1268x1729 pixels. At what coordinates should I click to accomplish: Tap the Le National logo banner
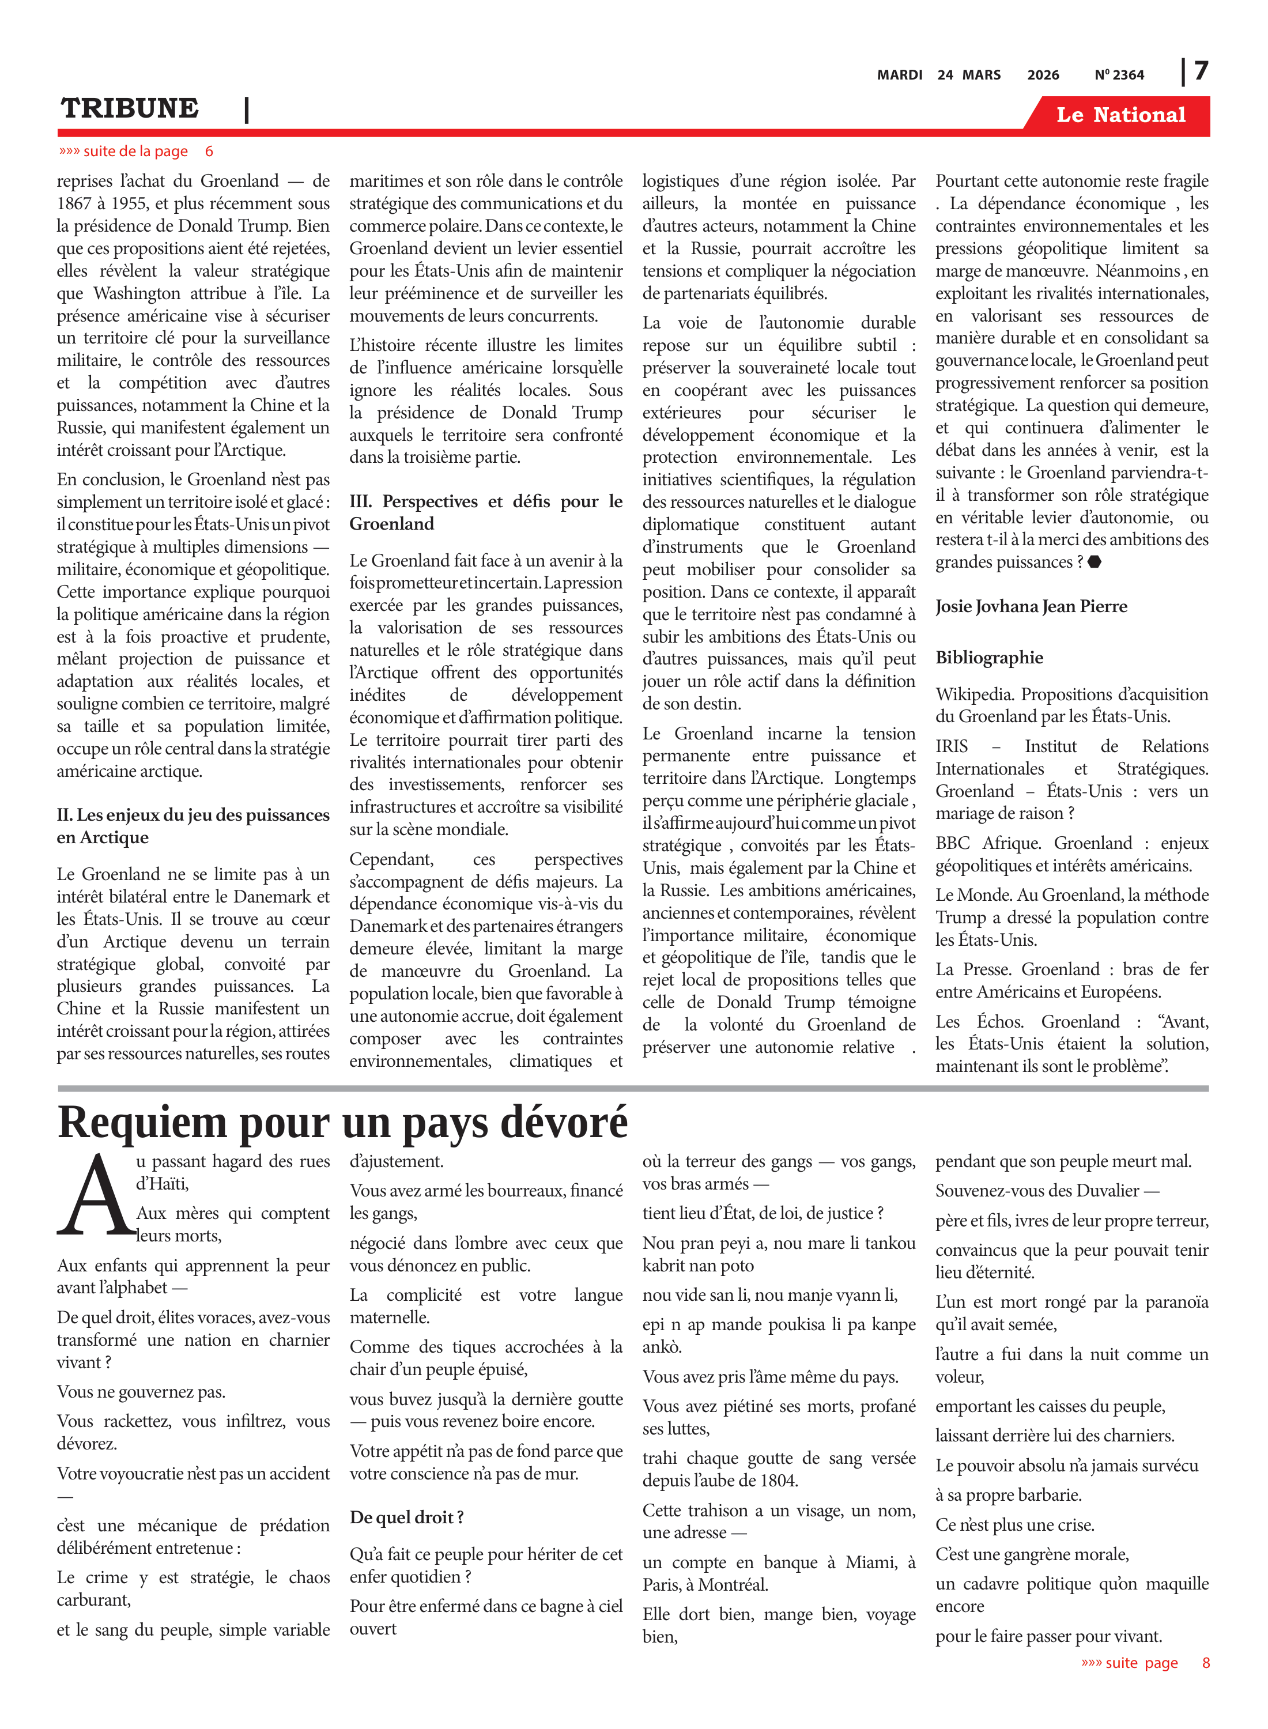click(1120, 115)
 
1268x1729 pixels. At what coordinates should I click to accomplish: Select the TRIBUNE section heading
click(130, 108)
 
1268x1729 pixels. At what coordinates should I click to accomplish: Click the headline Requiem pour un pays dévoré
click(342, 1123)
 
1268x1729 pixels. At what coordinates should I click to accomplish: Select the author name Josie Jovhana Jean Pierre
click(1031, 606)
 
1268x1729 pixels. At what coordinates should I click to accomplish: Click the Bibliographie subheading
click(988, 658)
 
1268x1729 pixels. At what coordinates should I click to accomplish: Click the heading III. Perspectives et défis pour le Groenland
click(485, 512)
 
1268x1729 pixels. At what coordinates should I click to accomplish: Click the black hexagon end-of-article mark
click(1095, 562)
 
